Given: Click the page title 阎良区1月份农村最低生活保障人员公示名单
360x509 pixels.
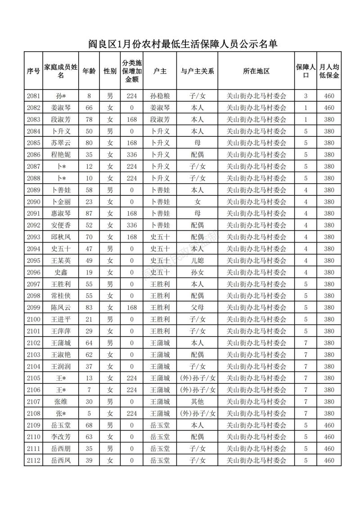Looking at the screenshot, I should click(x=182, y=44).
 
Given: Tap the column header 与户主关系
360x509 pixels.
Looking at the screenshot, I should click(x=197, y=71).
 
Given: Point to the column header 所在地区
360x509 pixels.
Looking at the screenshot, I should click(x=256, y=71).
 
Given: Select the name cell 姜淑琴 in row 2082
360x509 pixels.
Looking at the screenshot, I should click(x=61, y=108).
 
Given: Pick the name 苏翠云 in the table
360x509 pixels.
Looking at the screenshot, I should click(x=61, y=143).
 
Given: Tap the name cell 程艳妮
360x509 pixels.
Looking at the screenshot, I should click(x=61, y=155).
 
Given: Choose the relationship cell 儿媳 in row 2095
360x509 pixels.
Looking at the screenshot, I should click(x=197, y=261).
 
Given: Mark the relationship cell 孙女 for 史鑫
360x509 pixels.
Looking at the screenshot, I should click(x=197, y=272).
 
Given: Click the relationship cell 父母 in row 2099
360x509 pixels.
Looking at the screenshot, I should click(x=197, y=307).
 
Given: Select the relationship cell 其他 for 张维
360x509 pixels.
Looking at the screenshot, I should click(x=197, y=401).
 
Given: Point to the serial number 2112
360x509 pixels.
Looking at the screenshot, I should click(x=33, y=460).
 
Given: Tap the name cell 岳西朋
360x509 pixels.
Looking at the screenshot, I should click(x=61, y=449).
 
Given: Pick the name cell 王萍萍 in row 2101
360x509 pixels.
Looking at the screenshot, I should click(x=61, y=331).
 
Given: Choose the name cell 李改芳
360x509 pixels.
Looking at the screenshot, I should click(x=61, y=437).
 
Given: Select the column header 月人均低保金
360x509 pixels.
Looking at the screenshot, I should click(x=329, y=71).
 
